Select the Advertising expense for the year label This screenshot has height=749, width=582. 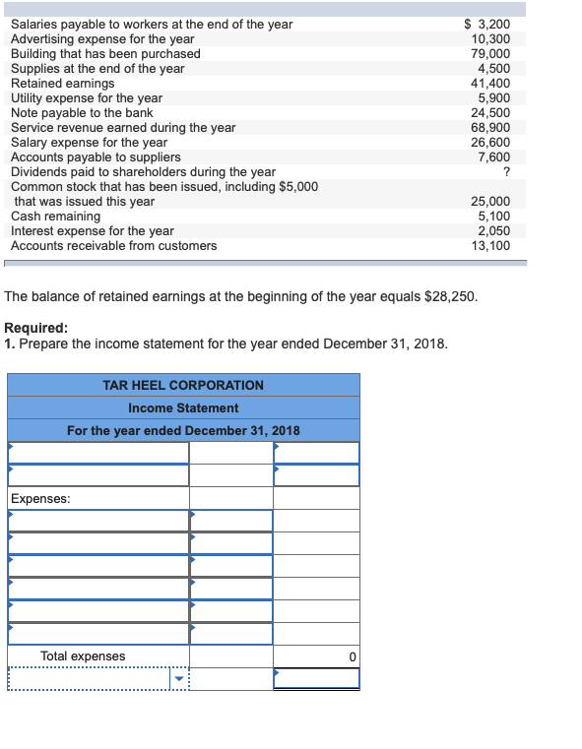point(102,38)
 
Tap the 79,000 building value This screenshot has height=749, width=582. point(492,53)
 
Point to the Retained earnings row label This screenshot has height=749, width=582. point(62,83)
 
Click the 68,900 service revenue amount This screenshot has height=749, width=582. point(492,127)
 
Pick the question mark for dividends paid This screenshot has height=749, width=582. point(506,171)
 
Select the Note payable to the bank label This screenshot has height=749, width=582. point(82,112)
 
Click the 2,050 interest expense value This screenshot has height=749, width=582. point(495,230)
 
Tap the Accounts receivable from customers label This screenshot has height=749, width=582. point(113,245)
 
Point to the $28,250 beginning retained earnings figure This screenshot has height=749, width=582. point(449,295)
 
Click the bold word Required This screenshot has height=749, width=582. point(36,329)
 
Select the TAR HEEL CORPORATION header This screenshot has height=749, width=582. point(183,385)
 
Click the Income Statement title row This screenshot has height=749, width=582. point(183,407)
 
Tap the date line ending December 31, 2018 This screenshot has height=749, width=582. point(183,431)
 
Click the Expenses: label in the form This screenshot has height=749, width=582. point(40,499)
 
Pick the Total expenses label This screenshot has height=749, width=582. point(83,656)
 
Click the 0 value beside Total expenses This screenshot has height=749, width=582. point(351,656)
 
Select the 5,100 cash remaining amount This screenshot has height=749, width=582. point(495,216)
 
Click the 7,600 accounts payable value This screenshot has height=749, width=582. point(495,156)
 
